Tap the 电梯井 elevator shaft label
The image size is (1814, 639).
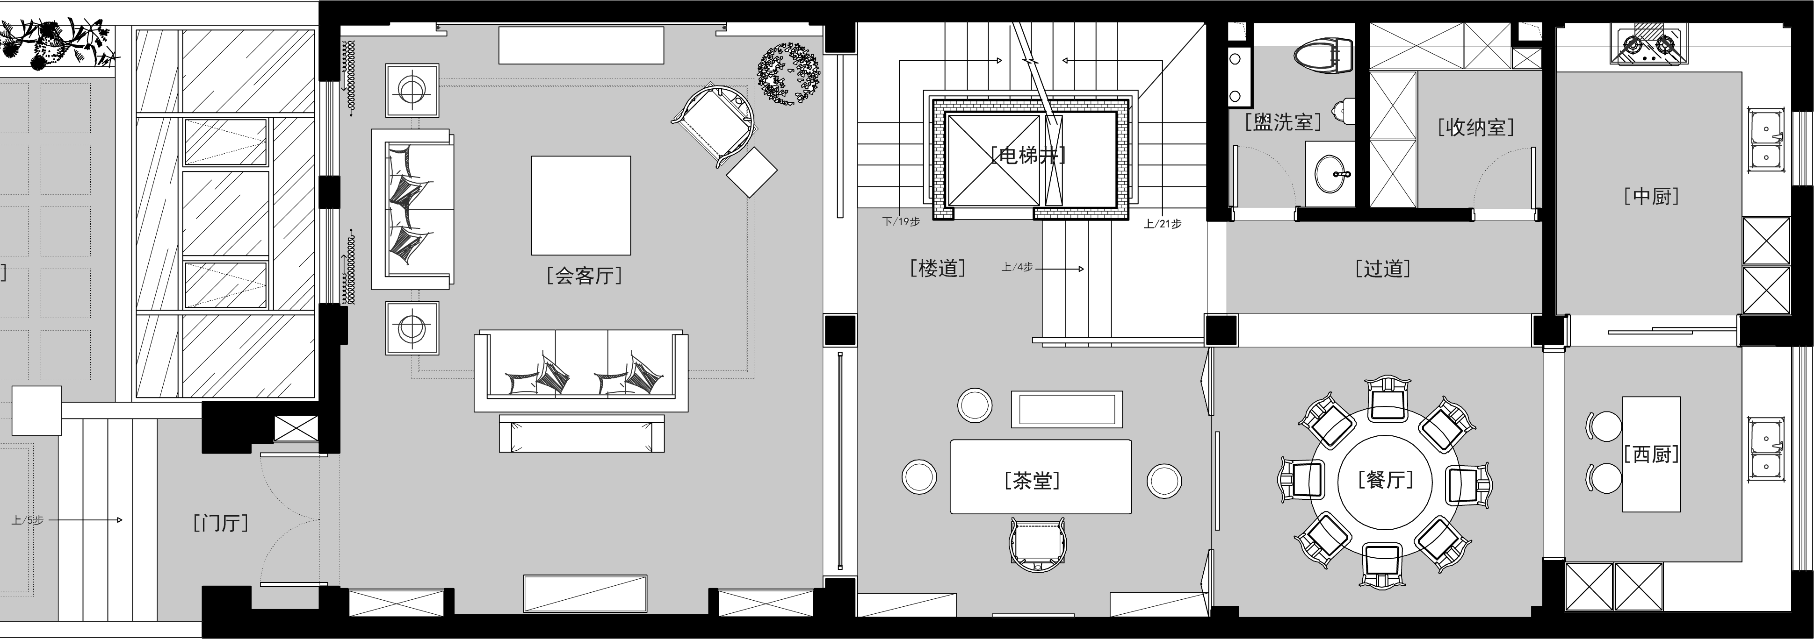click(1028, 155)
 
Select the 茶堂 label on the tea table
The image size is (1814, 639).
click(1033, 481)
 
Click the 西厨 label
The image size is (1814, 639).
click(1651, 454)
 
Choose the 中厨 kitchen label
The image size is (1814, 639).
click(1651, 196)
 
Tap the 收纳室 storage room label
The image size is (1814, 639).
click(1476, 127)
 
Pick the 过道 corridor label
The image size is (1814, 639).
click(1383, 268)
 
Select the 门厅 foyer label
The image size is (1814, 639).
click(220, 523)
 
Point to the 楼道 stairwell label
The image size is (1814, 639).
click(937, 268)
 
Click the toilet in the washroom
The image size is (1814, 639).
click(1324, 55)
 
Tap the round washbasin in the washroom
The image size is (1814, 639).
click(1330, 173)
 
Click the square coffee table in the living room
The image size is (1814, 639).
click(581, 205)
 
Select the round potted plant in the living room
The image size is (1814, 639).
click(789, 74)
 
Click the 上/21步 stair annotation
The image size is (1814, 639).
click(1163, 224)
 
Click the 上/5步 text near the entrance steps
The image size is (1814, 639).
click(28, 520)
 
